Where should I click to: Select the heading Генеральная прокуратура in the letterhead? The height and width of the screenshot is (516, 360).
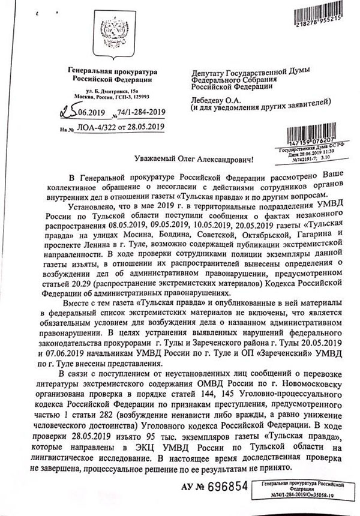pyautogui.click(x=110, y=71)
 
